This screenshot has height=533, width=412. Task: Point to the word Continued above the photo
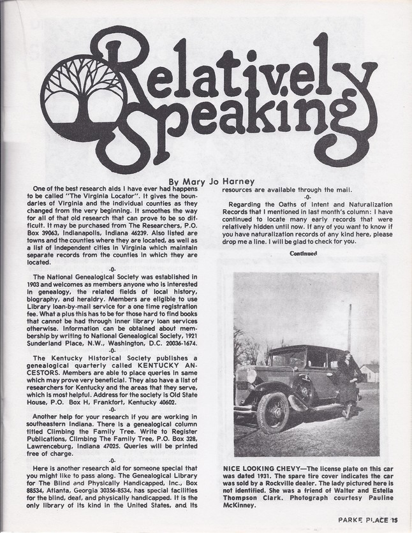(x=303, y=252)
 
